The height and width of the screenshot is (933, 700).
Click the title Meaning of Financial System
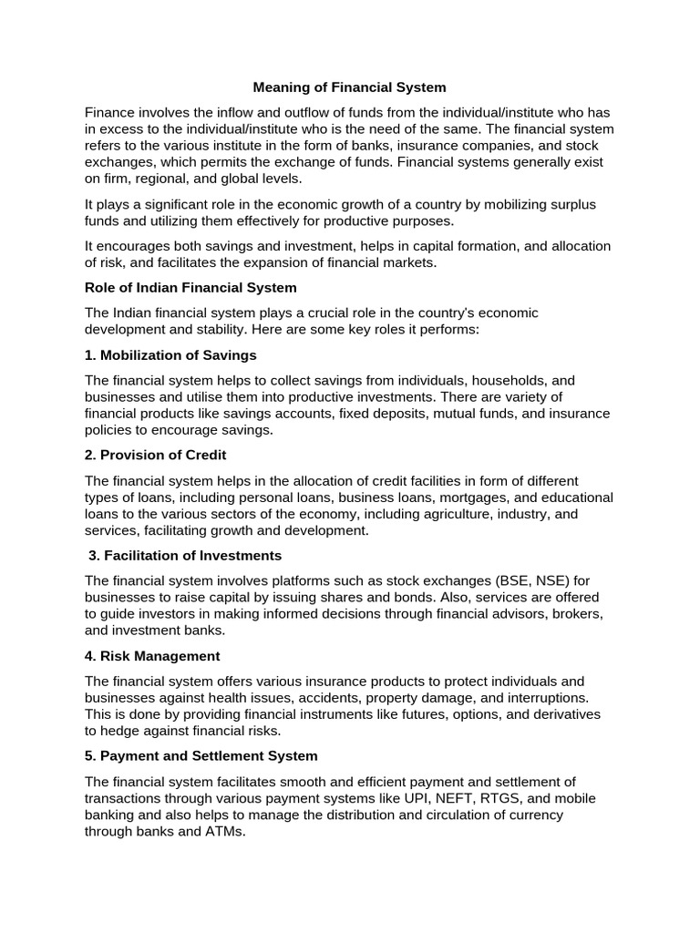(x=350, y=87)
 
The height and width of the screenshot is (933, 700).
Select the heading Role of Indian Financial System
(x=190, y=288)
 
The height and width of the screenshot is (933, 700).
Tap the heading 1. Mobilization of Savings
(x=170, y=355)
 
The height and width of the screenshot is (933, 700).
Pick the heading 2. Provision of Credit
(x=155, y=456)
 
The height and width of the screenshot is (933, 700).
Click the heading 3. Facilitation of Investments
(x=185, y=556)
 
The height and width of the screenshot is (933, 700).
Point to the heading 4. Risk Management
(x=152, y=656)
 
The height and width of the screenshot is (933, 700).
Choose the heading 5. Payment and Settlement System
(x=201, y=756)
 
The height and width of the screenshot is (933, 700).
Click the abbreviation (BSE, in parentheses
(x=492, y=581)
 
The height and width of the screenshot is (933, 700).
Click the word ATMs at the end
(x=224, y=831)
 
